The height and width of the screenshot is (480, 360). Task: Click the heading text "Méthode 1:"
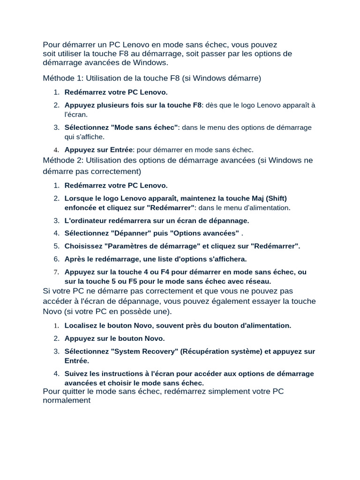pyautogui.click(x=63, y=78)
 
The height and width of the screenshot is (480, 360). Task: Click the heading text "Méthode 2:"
pyautogui.click(x=63, y=161)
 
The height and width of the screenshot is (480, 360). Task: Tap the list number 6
pyautogui.click(x=56, y=259)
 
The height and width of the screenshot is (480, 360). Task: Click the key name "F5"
pyautogui.click(x=133, y=281)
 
